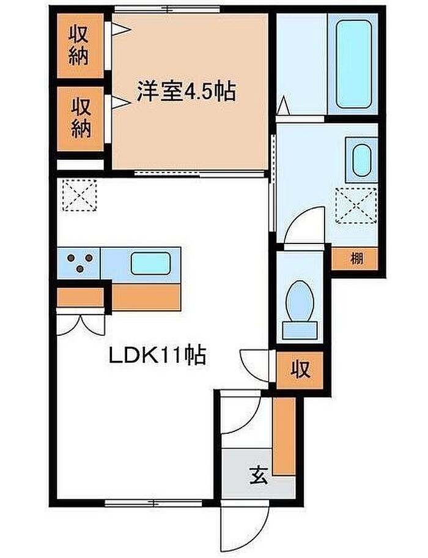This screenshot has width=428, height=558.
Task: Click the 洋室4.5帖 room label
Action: pos(186,91)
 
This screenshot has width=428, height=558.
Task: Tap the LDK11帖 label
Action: pos(157,355)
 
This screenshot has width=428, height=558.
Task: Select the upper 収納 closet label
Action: pos(78,45)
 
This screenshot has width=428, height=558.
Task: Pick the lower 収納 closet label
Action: pos(81,118)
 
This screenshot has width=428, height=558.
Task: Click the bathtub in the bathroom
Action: pos(353,64)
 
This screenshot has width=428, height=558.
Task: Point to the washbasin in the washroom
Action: pos(362,160)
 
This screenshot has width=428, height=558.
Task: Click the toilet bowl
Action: pos(300,300)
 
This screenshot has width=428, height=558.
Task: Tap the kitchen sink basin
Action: pos(151,263)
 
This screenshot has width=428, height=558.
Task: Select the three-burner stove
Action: pos(79,263)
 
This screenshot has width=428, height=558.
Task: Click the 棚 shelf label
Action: pos(357,258)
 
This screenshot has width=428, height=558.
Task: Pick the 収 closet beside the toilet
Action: pos(300,370)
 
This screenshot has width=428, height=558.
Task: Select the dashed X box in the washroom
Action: pos(356,206)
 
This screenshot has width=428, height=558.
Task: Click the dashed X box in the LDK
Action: pos(79,195)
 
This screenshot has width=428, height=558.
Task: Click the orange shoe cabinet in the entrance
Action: pos(284,436)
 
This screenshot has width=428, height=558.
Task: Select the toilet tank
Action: pos(299,329)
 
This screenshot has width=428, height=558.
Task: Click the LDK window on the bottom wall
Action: pos(153,503)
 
